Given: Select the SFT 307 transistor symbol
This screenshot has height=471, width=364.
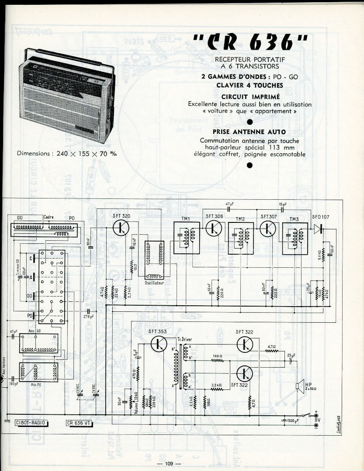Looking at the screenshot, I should pos(268,228).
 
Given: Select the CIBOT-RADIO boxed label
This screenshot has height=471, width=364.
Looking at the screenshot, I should pos(31,422).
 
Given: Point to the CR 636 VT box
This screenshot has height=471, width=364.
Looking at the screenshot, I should pos(81,422).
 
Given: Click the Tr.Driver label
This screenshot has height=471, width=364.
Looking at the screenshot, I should pos(185,339).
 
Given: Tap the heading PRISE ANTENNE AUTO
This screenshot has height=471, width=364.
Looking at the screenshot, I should pos(250,131).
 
